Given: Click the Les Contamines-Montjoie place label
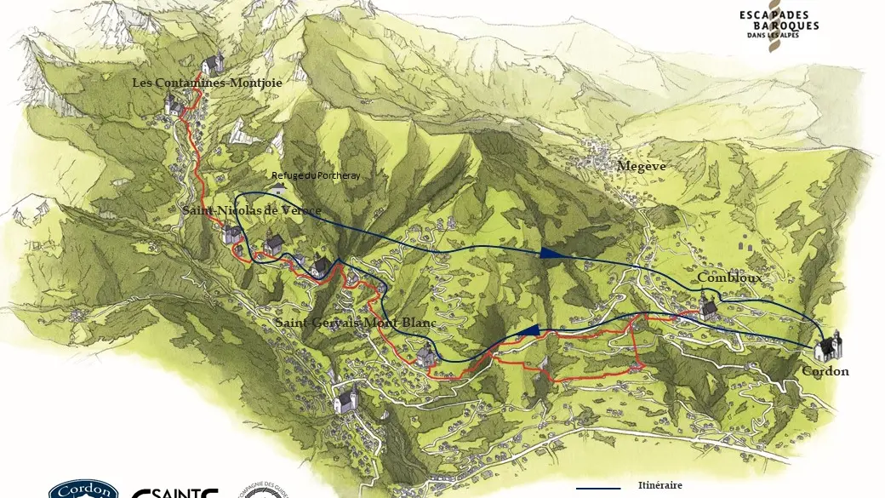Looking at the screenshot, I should [207, 83].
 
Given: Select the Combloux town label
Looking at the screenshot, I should [729, 278].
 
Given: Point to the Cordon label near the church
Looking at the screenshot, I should [825, 371].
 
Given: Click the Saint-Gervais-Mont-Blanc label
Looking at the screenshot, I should [355, 323].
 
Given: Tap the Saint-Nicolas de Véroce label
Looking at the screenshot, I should [251, 210].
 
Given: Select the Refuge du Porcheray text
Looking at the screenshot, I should [316, 175].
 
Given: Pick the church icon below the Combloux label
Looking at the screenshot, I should [708, 308].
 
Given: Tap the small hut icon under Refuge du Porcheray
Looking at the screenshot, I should [278, 187].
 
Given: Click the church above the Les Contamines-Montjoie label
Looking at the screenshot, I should [214, 63].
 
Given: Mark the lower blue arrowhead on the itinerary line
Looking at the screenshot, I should [529, 330].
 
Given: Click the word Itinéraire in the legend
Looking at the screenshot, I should [659, 485].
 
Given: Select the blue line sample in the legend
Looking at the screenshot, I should [599, 489].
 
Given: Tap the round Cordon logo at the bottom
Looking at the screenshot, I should [83, 489].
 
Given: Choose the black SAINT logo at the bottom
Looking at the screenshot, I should [174, 492].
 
